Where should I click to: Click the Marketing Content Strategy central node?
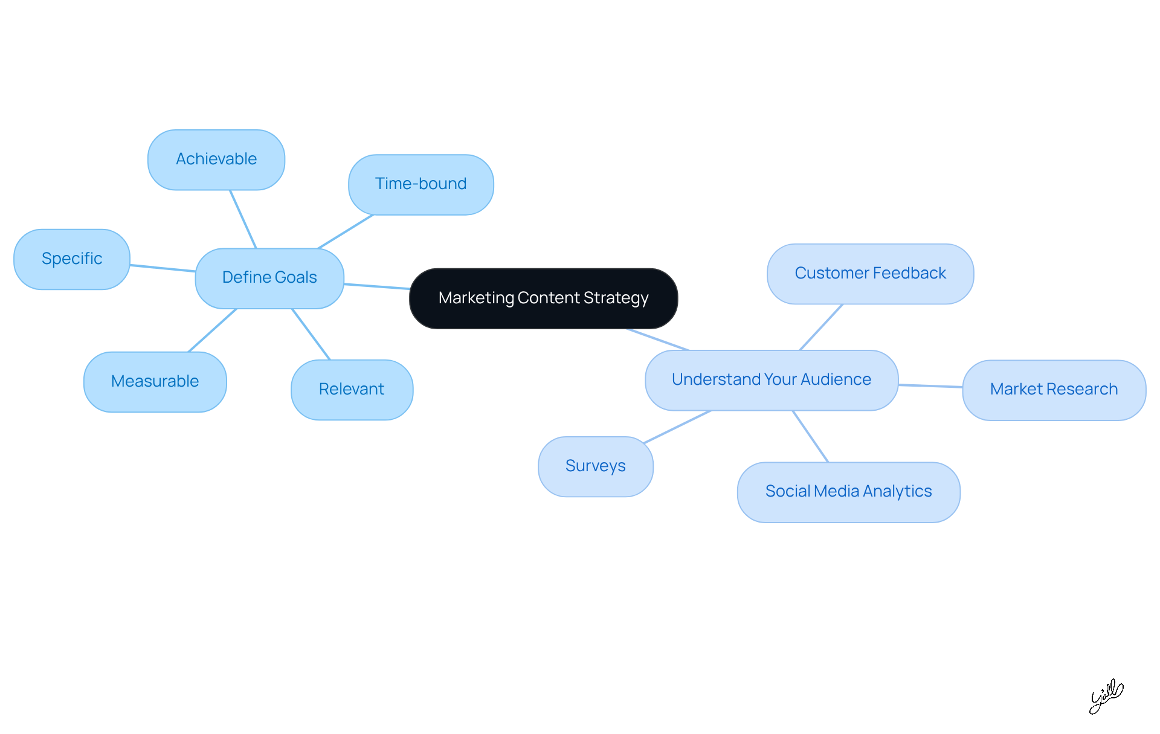point(543,298)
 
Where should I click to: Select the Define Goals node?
point(269,278)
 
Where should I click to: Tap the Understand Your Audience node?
point(772,380)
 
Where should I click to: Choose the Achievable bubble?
point(216,159)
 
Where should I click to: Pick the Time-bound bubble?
point(420,184)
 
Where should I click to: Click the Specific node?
point(72,259)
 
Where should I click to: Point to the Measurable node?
point(155,382)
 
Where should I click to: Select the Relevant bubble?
point(352,390)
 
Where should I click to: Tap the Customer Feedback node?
point(870,274)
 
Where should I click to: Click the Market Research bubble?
point(1054,390)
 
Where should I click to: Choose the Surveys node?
point(595,466)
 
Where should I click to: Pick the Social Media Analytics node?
point(848,492)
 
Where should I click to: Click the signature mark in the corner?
point(1106,696)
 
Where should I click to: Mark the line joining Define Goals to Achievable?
point(243,219)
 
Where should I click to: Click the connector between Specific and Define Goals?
point(163,268)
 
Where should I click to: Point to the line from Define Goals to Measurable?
point(213,330)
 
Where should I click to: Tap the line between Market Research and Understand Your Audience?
point(930,386)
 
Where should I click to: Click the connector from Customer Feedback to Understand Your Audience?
point(821,327)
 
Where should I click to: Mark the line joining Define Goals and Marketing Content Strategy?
point(377,286)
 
